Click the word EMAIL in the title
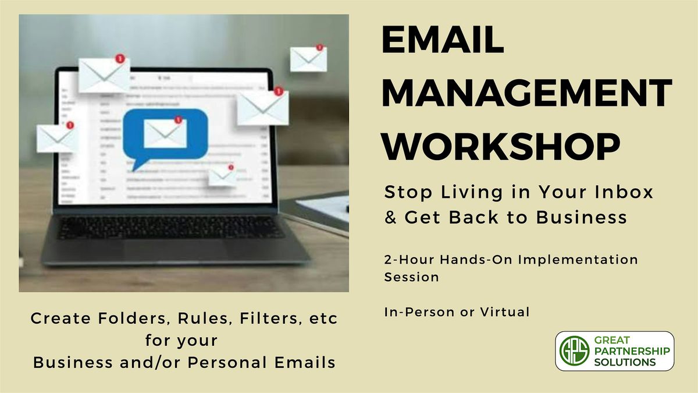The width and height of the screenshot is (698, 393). click(x=443, y=40)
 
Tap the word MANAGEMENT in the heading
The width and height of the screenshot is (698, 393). click(x=527, y=93)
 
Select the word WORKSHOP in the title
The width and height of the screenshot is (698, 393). click(x=501, y=147)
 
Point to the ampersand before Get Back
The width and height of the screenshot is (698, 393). click(x=390, y=217)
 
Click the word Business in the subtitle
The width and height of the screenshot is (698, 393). click(x=582, y=217)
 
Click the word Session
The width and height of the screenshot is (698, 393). click(x=411, y=277)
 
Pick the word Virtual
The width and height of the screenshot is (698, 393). click(x=504, y=312)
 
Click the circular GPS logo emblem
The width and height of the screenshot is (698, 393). click(x=574, y=350)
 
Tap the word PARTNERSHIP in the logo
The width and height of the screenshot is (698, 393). click(x=632, y=351)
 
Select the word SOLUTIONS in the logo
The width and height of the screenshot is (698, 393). click(x=625, y=362)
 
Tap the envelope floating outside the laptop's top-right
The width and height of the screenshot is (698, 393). click(x=308, y=58)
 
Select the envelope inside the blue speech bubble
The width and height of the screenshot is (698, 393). click(x=165, y=133)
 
